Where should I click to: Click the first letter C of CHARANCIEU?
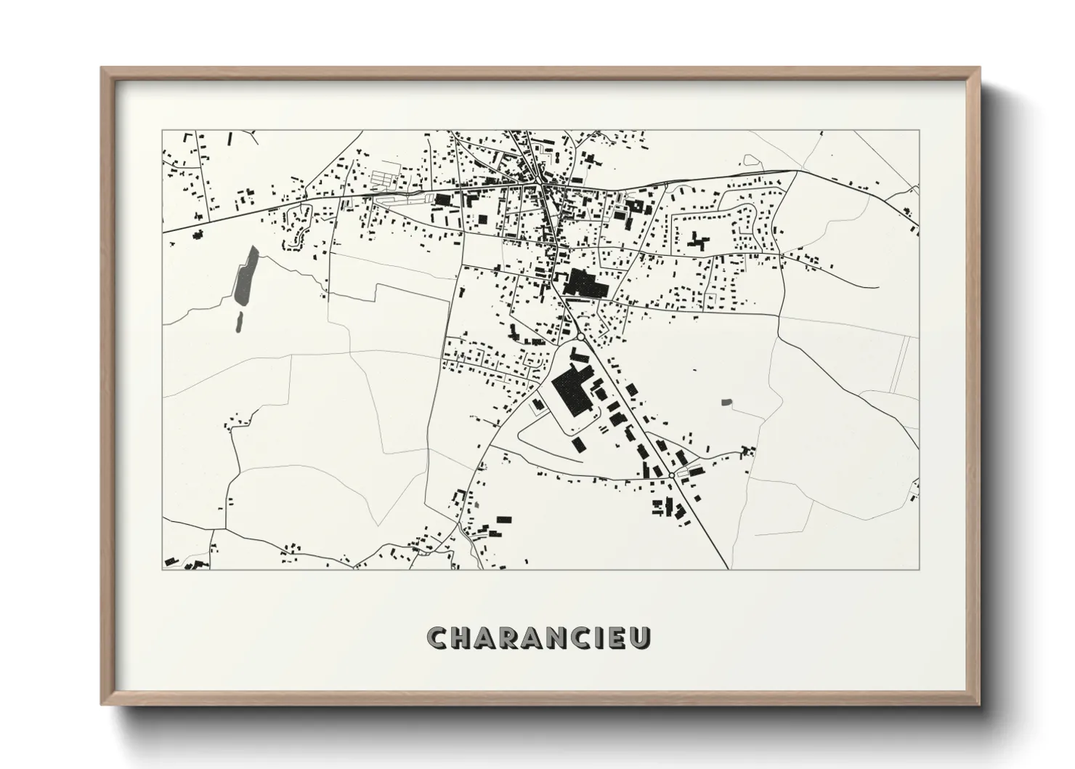point(439,637)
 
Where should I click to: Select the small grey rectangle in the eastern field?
point(726,401)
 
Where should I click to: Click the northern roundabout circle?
point(581,337)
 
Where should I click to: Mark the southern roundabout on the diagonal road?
point(673,475)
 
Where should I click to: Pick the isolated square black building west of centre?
point(482,220)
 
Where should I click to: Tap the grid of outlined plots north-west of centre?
point(385,176)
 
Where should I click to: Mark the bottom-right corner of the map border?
point(920,569)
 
